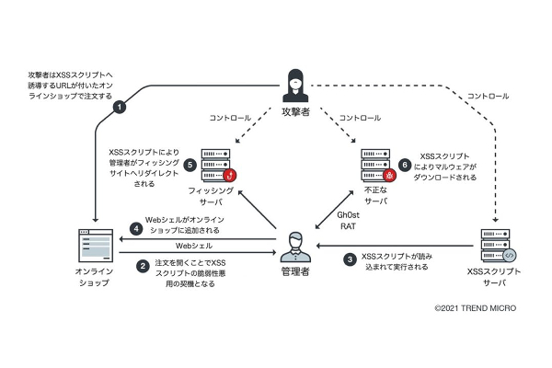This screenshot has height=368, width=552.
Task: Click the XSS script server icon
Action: coord(496,246)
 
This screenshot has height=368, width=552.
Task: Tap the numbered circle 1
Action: coord(119,107)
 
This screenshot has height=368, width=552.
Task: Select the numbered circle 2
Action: coord(143,266)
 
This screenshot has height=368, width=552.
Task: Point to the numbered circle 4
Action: coord(136,228)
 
